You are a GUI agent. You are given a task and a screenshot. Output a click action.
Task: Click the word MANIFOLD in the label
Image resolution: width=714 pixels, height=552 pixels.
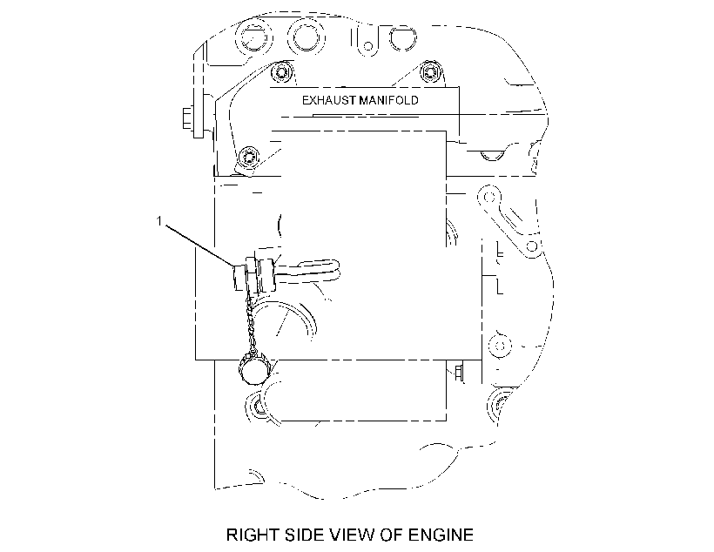point(388,100)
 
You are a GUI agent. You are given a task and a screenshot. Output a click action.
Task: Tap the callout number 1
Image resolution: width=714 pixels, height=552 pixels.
point(159,221)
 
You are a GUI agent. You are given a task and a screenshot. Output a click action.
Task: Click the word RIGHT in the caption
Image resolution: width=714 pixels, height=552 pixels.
point(253,535)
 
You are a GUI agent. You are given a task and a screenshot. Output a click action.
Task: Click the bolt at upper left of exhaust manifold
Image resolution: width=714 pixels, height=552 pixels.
point(280,72)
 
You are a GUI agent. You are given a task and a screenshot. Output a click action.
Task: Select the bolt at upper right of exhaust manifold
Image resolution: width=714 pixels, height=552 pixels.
point(429,71)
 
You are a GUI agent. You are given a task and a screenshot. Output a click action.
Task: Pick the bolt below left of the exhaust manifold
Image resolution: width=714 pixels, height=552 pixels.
point(249,158)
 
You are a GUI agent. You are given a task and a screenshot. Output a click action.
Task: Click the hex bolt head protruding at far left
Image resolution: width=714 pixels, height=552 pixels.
point(187,118)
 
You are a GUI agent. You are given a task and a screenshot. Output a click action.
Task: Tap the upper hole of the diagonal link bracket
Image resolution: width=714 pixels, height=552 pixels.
point(489,197)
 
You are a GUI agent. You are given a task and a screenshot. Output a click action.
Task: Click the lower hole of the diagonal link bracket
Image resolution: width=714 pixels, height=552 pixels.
point(532,247)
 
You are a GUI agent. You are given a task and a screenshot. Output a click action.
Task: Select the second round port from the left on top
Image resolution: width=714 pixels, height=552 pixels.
point(306,36)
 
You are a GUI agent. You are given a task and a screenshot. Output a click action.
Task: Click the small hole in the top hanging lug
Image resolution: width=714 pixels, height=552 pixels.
point(368,46)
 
